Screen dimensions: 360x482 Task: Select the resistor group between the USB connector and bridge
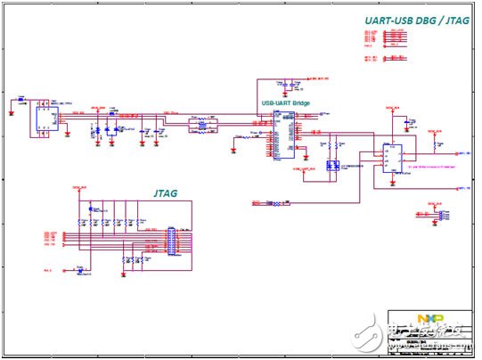204,128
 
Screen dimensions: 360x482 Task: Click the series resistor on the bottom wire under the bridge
282,204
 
